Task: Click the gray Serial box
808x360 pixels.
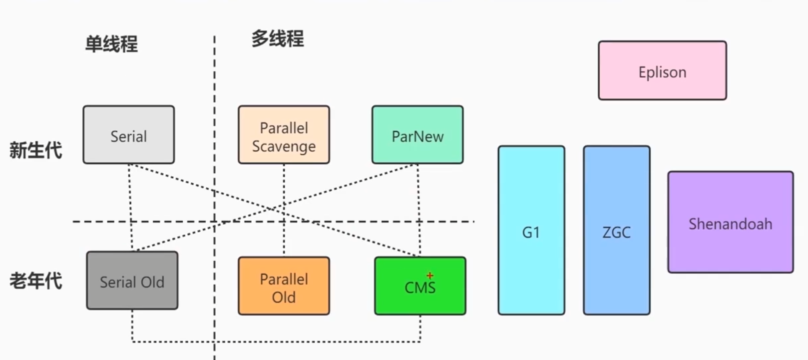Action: (129, 135)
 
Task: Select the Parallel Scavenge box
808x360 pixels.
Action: (284, 135)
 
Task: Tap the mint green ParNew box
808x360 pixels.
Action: (417, 135)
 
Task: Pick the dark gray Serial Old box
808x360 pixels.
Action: (132, 281)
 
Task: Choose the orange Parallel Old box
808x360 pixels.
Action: (284, 286)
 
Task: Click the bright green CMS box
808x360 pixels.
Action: (420, 286)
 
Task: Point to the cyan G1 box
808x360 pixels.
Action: (531, 231)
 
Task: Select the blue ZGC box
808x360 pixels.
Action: (617, 231)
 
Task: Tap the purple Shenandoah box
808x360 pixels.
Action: (730, 223)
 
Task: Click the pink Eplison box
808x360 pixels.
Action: (662, 71)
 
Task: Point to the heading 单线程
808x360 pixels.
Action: (111, 44)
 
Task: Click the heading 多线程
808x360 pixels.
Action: (278, 38)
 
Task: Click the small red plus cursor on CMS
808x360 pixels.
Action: (430, 275)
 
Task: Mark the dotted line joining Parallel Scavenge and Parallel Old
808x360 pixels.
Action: (284, 235)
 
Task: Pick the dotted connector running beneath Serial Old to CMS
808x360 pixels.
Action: (275, 342)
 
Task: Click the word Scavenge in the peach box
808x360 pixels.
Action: (284, 146)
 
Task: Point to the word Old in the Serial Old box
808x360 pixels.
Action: (152, 282)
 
